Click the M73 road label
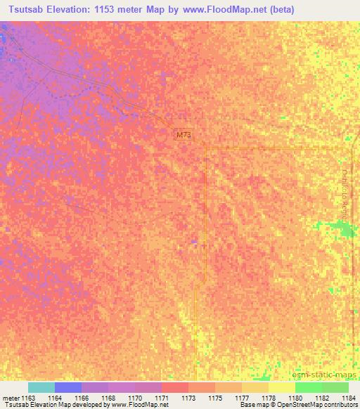183,134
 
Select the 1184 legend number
347,397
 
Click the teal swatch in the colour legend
41,387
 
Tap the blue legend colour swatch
67,387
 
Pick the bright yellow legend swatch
282,387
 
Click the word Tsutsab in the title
27,9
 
